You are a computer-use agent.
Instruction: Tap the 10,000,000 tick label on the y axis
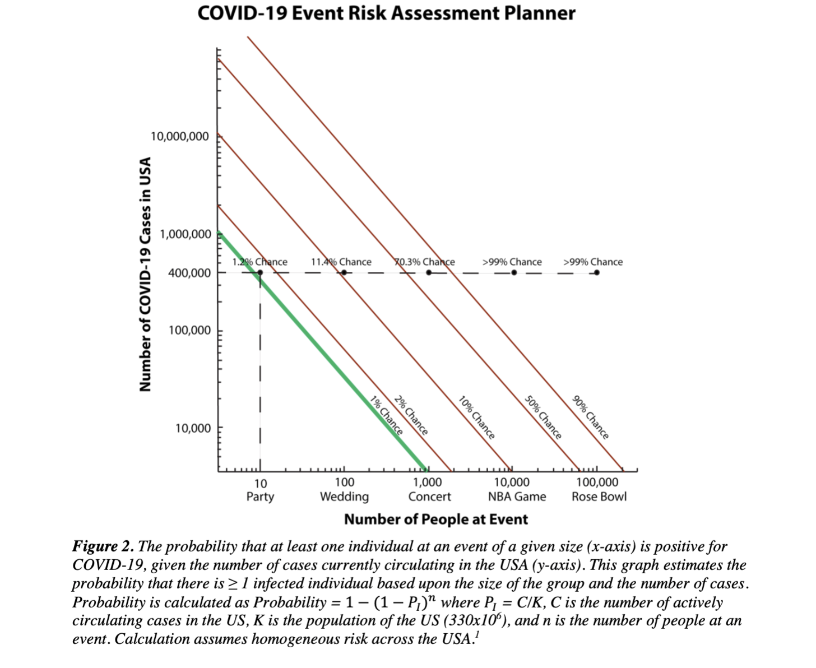pyautogui.click(x=180, y=136)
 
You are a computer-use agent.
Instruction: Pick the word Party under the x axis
pyautogui.click(x=260, y=497)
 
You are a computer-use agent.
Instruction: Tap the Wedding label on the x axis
pyautogui.click(x=344, y=497)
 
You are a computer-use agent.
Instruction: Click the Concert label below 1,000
pyautogui.click(x=429, y=497)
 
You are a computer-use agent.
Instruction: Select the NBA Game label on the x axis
pyautogui.click(x=517, y=497)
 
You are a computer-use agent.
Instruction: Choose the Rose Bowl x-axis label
pyautogui.click(x=599, y=497)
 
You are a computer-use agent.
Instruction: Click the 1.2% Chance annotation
pyautogui.click(x=260, y=262)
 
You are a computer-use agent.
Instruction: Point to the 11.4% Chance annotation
pyautogui.click(x=341, y=262)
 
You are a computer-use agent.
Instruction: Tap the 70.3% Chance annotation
pyautogui.click(x=425, y=262)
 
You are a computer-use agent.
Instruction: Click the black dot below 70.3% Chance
pyautogui.click(x=429, y=273)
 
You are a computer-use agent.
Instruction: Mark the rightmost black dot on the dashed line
pyautogui.click(x=597, y=273)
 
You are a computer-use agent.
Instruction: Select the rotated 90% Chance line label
pyautogui.click(x=590, y=417)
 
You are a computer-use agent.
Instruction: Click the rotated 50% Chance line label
pyautogui.click(x=543, y=417)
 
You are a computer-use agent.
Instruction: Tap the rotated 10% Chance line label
pyautogui.click(x=476, y=417)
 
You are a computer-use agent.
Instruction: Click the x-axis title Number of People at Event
pyautogui.click(x=435, y=519)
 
